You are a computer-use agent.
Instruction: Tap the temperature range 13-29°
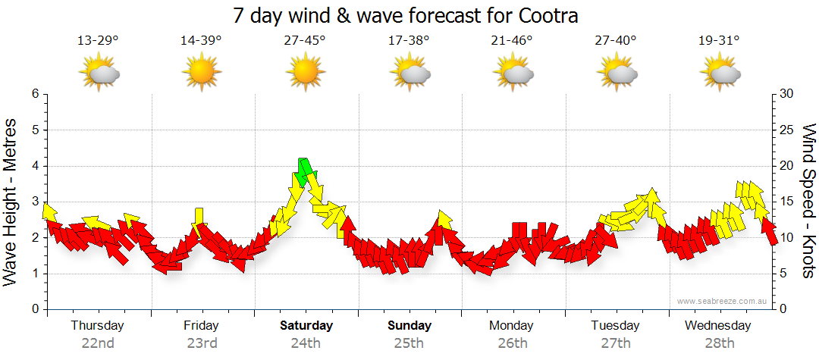(x=98, y=41)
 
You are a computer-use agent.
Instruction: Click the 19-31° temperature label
(x=719, y=41)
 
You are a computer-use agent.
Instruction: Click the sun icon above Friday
(x=201, y=74)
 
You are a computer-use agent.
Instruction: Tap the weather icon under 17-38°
(x=409, y=74)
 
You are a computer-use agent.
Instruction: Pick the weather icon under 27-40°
(x=617, y=74)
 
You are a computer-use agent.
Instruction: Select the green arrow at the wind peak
(x=304, y=171)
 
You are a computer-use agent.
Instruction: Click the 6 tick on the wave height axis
(x=34, y=94)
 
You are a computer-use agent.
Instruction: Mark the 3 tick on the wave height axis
(x=34, y=202)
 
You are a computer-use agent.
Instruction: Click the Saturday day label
(x=306, y=326)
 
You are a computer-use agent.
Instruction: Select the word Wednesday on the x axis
(x=717, y=326)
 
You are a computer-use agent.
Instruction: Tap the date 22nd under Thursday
(x=98, y=343)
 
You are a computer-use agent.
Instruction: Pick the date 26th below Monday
(x=512, y=343)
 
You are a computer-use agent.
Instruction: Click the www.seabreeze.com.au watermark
(x=723, y=301)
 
